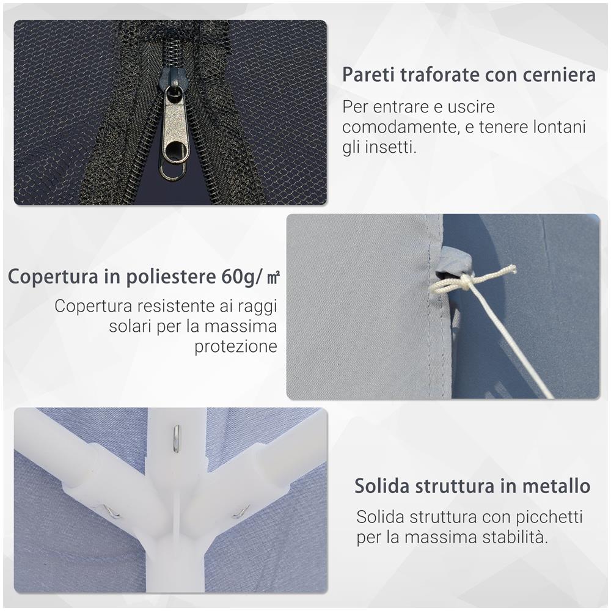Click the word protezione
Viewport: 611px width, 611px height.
click(x=236, y=347)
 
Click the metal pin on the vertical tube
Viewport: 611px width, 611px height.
click(x=176, y=438)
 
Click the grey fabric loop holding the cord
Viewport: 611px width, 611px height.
click(x=448, y=260)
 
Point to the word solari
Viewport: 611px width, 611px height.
click(x=130, y=326)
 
